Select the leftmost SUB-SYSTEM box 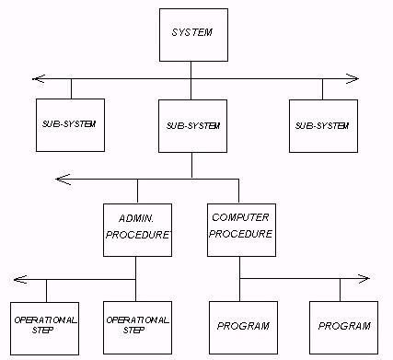pyautogui.click(x=71, y=122)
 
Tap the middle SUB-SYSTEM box pyautogui.click(x=191, y=122)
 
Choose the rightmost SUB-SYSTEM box pyautogui.click(x=321, y=122)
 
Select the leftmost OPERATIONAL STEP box pyautogui.click(x=45, y=325)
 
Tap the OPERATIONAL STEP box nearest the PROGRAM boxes pyautogui.click(x=136, y=325)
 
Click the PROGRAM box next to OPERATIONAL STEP pyautogui.click(x=242, y=326)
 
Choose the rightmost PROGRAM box pyautogui.click(x=343, y=326)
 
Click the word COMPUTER pyautogui.click(x=240, y=217)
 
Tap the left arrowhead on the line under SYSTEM pyautogui.click(x=36, y=78)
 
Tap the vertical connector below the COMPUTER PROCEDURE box pyautogui.click(x=240, y=263)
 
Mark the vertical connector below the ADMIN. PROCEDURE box pyautogui.click(x=136, y=263)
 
